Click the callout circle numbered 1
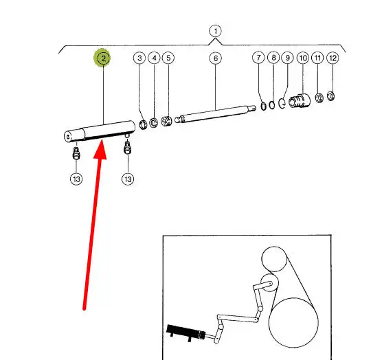pos(215,31)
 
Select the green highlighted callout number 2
pos(103,58)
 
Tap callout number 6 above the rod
pos(216,58)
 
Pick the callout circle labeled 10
pos(303,58)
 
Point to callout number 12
pos(333,58)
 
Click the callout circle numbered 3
pos(139,58)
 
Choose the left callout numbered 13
pos(76,179)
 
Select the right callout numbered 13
pos(128,179)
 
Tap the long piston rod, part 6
pos(215,114)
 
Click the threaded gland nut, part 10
pos(300,101)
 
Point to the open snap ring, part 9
pos(282,103)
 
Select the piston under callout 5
pos(166,121)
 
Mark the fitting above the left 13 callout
pos(76,153)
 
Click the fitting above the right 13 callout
pos(127,148)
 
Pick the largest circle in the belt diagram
pos(293,323)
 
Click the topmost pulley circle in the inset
pos(274,259)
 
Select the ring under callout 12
pos(330,96)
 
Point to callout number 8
pos(273,58)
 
